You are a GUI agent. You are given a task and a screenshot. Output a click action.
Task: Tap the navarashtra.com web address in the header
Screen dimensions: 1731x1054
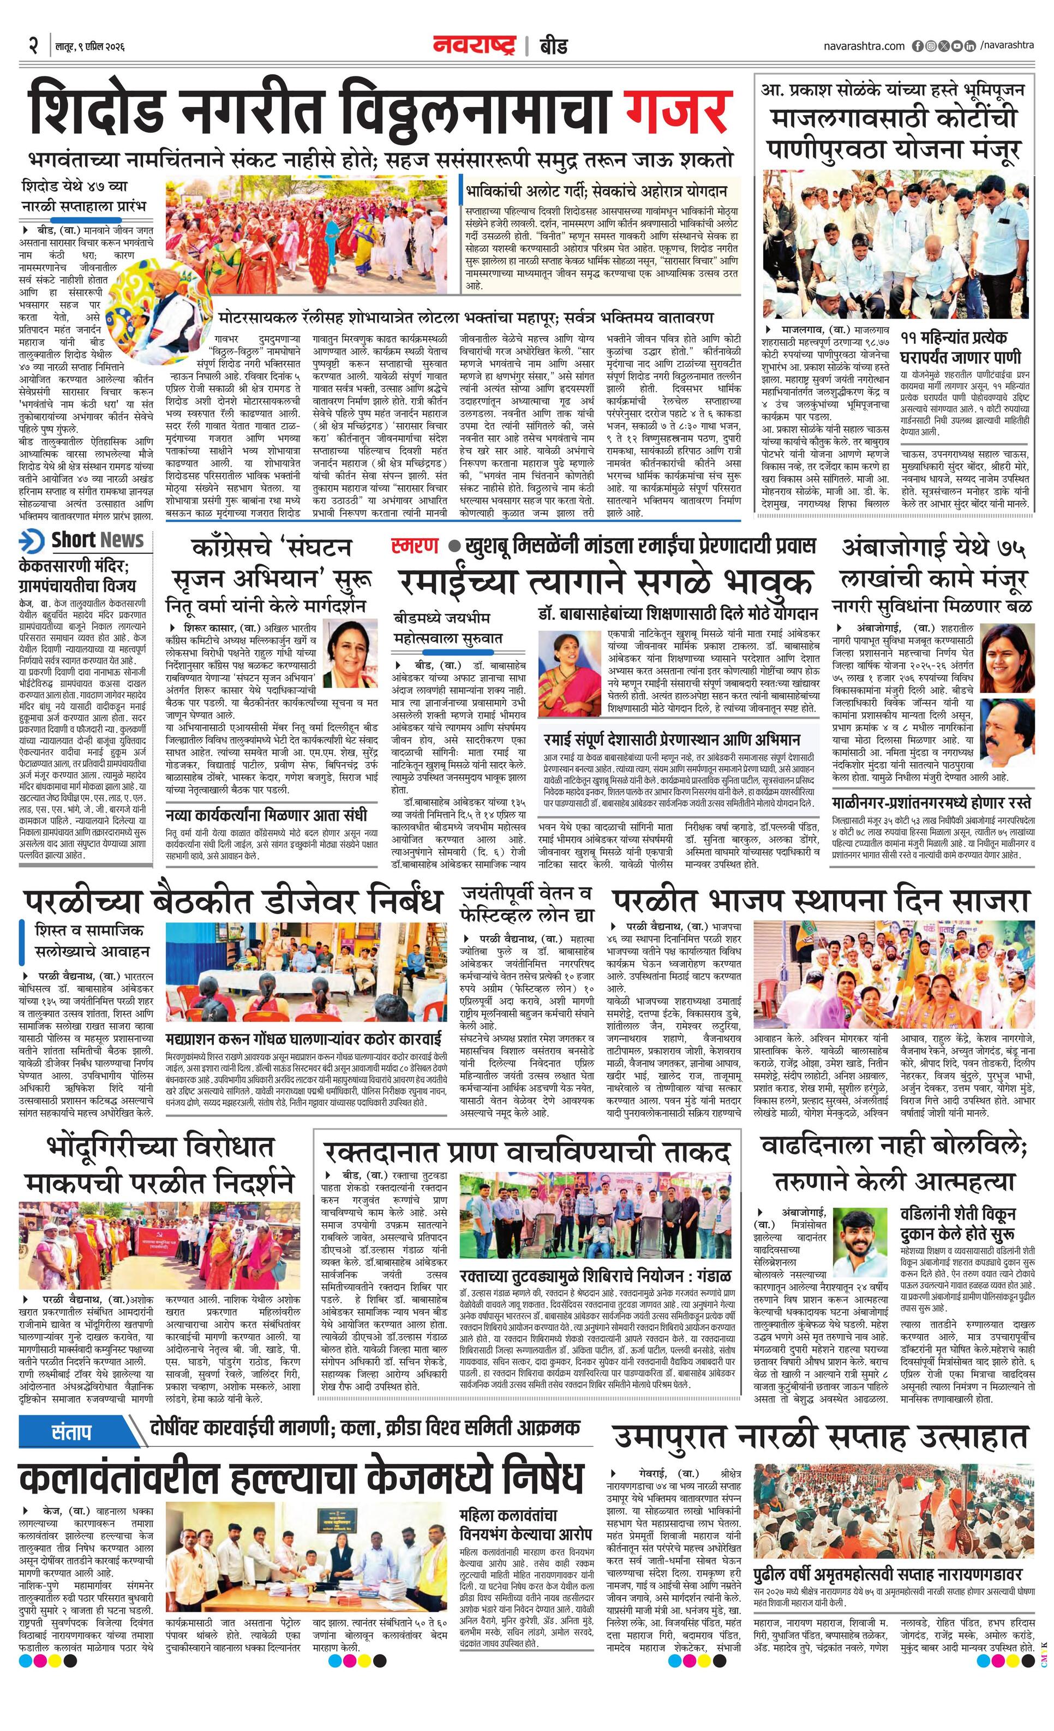point(864,46)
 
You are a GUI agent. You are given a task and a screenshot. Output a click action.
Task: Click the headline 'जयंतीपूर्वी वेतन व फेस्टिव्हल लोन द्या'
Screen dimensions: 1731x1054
point(526,904)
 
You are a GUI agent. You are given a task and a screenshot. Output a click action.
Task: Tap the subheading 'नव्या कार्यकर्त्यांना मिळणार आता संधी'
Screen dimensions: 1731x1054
point(267,815)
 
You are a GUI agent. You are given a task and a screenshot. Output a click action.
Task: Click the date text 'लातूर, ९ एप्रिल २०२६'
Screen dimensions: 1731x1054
point(90,47)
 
